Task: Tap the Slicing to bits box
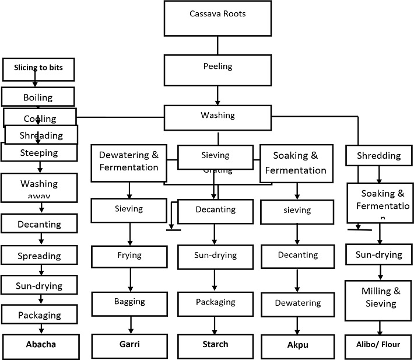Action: (38, 68)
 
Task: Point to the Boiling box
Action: (38, 97)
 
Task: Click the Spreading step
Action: (39, 256)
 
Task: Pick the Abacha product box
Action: (40, 344)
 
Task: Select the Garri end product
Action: (128, 344)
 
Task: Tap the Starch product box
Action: (215, 344)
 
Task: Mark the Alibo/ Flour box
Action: (379, 344)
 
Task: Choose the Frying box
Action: (128, 256)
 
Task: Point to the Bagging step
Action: (128, 302)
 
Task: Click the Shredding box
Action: (379, 156)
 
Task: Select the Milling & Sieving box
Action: (379, 299)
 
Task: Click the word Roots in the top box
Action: (234, 13)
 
